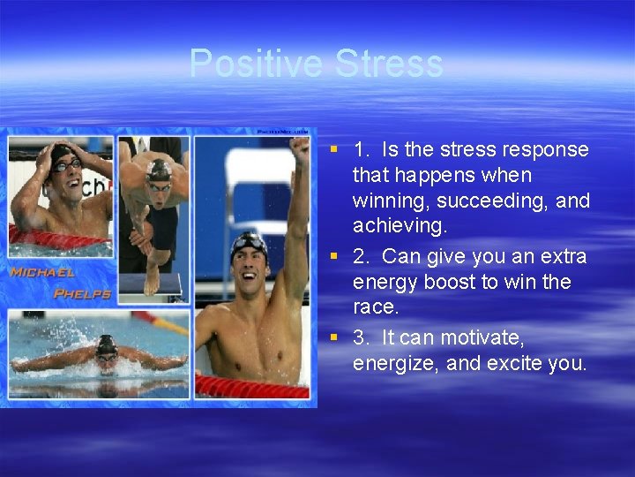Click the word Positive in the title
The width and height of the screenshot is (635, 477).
click(256, 64)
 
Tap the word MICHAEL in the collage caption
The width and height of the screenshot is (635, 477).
click(41, 273)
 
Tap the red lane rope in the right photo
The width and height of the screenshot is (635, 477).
click(251, 386)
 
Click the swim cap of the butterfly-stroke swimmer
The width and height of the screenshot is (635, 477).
click(106, 343)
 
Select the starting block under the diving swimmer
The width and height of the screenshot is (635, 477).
click(150, 284)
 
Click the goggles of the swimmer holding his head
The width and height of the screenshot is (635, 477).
click(66, 164)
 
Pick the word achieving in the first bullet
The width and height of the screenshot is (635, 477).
click(399, 227)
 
